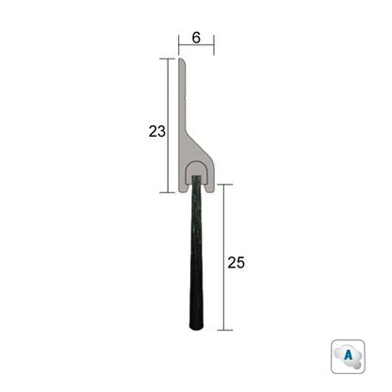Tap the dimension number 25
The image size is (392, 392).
(x=236, y=263)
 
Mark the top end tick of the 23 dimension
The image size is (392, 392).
(x=168, y=58)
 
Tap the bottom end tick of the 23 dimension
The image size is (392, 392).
(x=168, y=191)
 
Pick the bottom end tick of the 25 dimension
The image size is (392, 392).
(x=223, y=330)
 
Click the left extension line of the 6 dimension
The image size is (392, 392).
(x=178, y=45)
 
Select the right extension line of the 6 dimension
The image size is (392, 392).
(x=214, y=45)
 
